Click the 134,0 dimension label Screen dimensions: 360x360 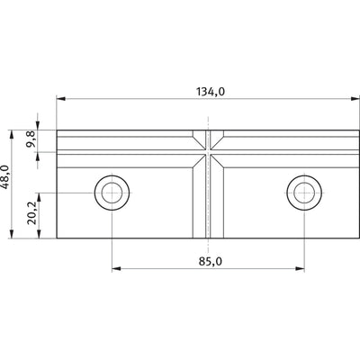point(211,92)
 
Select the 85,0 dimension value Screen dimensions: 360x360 point(211,262)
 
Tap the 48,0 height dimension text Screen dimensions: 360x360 point(6,177)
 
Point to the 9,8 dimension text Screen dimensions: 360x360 point(31,139)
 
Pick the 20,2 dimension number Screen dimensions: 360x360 point(31,213)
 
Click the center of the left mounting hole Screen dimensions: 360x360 point(112,193)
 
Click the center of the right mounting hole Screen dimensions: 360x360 point(304,193)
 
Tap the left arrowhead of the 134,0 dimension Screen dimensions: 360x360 point(61,98)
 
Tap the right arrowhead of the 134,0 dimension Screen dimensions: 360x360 point(355,98)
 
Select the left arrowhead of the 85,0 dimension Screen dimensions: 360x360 point(116,268)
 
